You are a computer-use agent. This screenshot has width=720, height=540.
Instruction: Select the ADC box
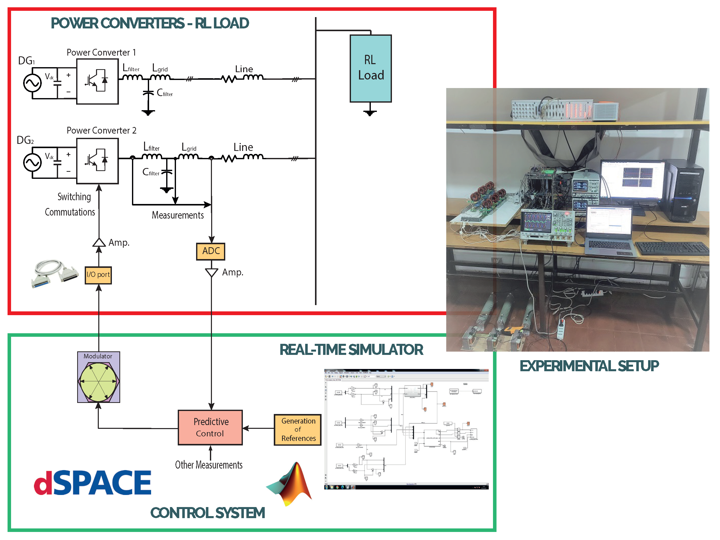[x=211, y=251]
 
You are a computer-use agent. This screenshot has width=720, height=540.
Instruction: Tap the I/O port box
[x=98, y=275]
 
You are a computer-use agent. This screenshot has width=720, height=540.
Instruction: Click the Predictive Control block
[x=210, y=427]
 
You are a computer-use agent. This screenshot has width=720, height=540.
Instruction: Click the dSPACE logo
[x=93, y=483]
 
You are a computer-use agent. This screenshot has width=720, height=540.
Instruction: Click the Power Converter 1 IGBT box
[x=97, y=81]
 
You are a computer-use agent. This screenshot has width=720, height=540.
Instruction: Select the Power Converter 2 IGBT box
[x=97, y=161]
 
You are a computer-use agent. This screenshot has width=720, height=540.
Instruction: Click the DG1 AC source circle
[x=32, y=83]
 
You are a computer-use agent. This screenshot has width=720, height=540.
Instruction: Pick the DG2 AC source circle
[x=32, y=162]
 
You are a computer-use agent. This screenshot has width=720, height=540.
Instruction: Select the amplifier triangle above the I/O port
[x=99, y=243]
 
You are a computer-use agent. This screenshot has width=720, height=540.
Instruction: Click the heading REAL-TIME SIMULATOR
[x=351, y=350]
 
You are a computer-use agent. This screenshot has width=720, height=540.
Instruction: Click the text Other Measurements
[x=209, y=465]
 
